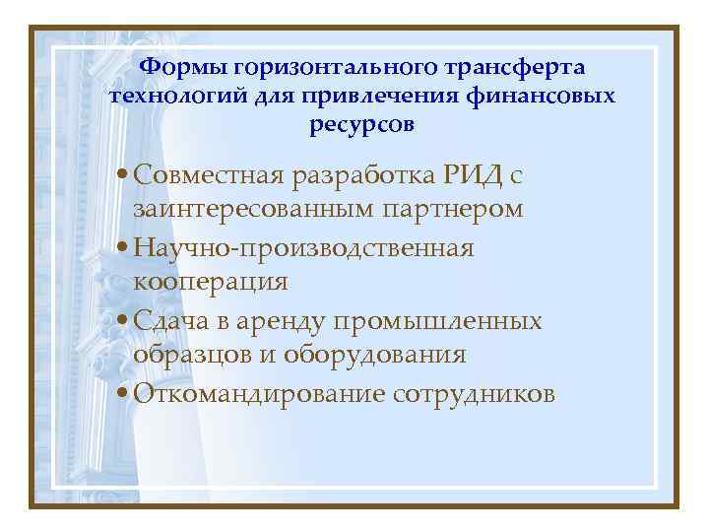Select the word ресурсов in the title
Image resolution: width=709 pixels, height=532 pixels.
pos(362,125)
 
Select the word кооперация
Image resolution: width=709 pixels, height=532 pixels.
pos(210,284)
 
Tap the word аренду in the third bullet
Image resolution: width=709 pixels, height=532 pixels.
pos(286,321)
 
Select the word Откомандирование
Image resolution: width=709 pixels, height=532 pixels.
pos(258,394)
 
